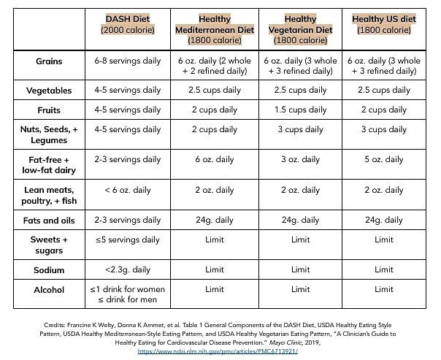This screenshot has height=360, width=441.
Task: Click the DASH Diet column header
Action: click(128, 24)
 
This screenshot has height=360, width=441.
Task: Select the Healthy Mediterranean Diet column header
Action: click(215, 29)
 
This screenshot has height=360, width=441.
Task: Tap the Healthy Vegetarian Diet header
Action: click(300, 29)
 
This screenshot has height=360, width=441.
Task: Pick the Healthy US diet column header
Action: click(384, 24)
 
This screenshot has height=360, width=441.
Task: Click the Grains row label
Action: click(49, 61)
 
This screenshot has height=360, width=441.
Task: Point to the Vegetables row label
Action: click(49, 91)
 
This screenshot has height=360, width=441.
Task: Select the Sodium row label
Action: click(49, 270)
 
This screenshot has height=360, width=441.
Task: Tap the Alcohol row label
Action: click(49, 290)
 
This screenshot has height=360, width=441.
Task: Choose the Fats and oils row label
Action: click(49, 221)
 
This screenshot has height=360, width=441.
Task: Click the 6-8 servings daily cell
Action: click(128, 61)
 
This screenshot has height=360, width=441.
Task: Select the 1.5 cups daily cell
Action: click(300, 110)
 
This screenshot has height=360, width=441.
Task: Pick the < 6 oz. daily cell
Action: click(128, 190)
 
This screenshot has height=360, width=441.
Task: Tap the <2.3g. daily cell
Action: click(128, 269)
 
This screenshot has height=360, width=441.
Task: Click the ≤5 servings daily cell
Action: click(128, 240)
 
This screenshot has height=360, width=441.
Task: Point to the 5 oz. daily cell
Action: click(384, 159)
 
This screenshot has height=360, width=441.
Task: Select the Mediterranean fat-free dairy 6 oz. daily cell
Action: click(215, 159)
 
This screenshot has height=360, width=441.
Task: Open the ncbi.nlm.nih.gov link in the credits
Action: click(218, 351)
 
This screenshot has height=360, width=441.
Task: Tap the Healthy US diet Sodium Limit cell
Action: click(384, 269)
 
